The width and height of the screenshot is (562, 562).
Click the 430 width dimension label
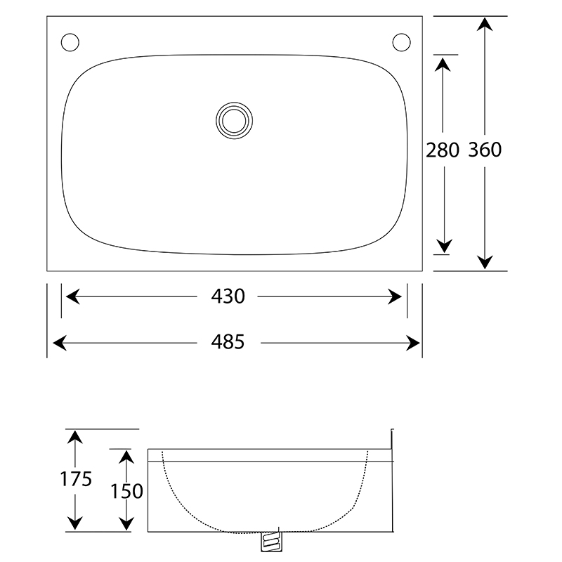click(228, 296)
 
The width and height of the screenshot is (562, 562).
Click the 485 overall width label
click(228, 342)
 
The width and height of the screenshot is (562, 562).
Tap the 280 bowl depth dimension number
click(443, 150)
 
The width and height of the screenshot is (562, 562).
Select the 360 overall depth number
click(485, 150)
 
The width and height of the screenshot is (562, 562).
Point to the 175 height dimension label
click(75, 479)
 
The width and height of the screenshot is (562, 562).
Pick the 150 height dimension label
click(126, 490)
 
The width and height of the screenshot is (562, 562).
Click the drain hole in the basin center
click(233, 119)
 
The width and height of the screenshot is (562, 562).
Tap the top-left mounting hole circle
click(70, 42)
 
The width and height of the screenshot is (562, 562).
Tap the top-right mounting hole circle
click(401, 42)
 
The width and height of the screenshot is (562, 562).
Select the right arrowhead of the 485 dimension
click(414, 342)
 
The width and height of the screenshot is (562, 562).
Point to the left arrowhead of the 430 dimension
click(71, 297)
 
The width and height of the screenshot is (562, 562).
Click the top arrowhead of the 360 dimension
click(484, 24)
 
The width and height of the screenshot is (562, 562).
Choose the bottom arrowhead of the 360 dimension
click(484, 262)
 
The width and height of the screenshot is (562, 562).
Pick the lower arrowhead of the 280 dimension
click(443, 246)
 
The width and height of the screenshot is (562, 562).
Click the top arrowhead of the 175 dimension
click(75, 437)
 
